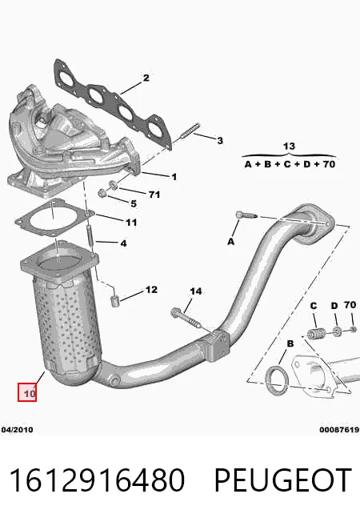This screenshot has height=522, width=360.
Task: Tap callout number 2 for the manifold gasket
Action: [x=146, y=78]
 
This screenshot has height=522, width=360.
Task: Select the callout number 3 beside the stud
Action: [x=220, y=141]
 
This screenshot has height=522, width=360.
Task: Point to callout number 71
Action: [x=154, y=194]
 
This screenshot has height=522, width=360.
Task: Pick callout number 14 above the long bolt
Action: [x=196, y=291]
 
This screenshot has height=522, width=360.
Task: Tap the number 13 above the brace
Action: [x=289, y=147]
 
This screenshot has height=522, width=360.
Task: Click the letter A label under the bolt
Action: [x=231, y=241]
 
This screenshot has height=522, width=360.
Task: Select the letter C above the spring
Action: [x=314, y=306]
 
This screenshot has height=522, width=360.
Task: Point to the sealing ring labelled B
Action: [x=277, y=380]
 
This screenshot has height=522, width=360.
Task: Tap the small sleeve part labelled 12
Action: [x=114, y=301]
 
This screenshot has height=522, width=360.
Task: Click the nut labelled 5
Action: [x=102, y=192]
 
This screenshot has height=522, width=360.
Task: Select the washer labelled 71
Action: [x=113, y=185]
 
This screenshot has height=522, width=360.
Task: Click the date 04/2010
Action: [x=17, y=429]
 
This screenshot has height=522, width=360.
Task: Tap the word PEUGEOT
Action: [x=282, y=480]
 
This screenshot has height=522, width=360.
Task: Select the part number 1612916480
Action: [x=97, y=480]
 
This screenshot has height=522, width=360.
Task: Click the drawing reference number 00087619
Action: [x=339, y=429]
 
